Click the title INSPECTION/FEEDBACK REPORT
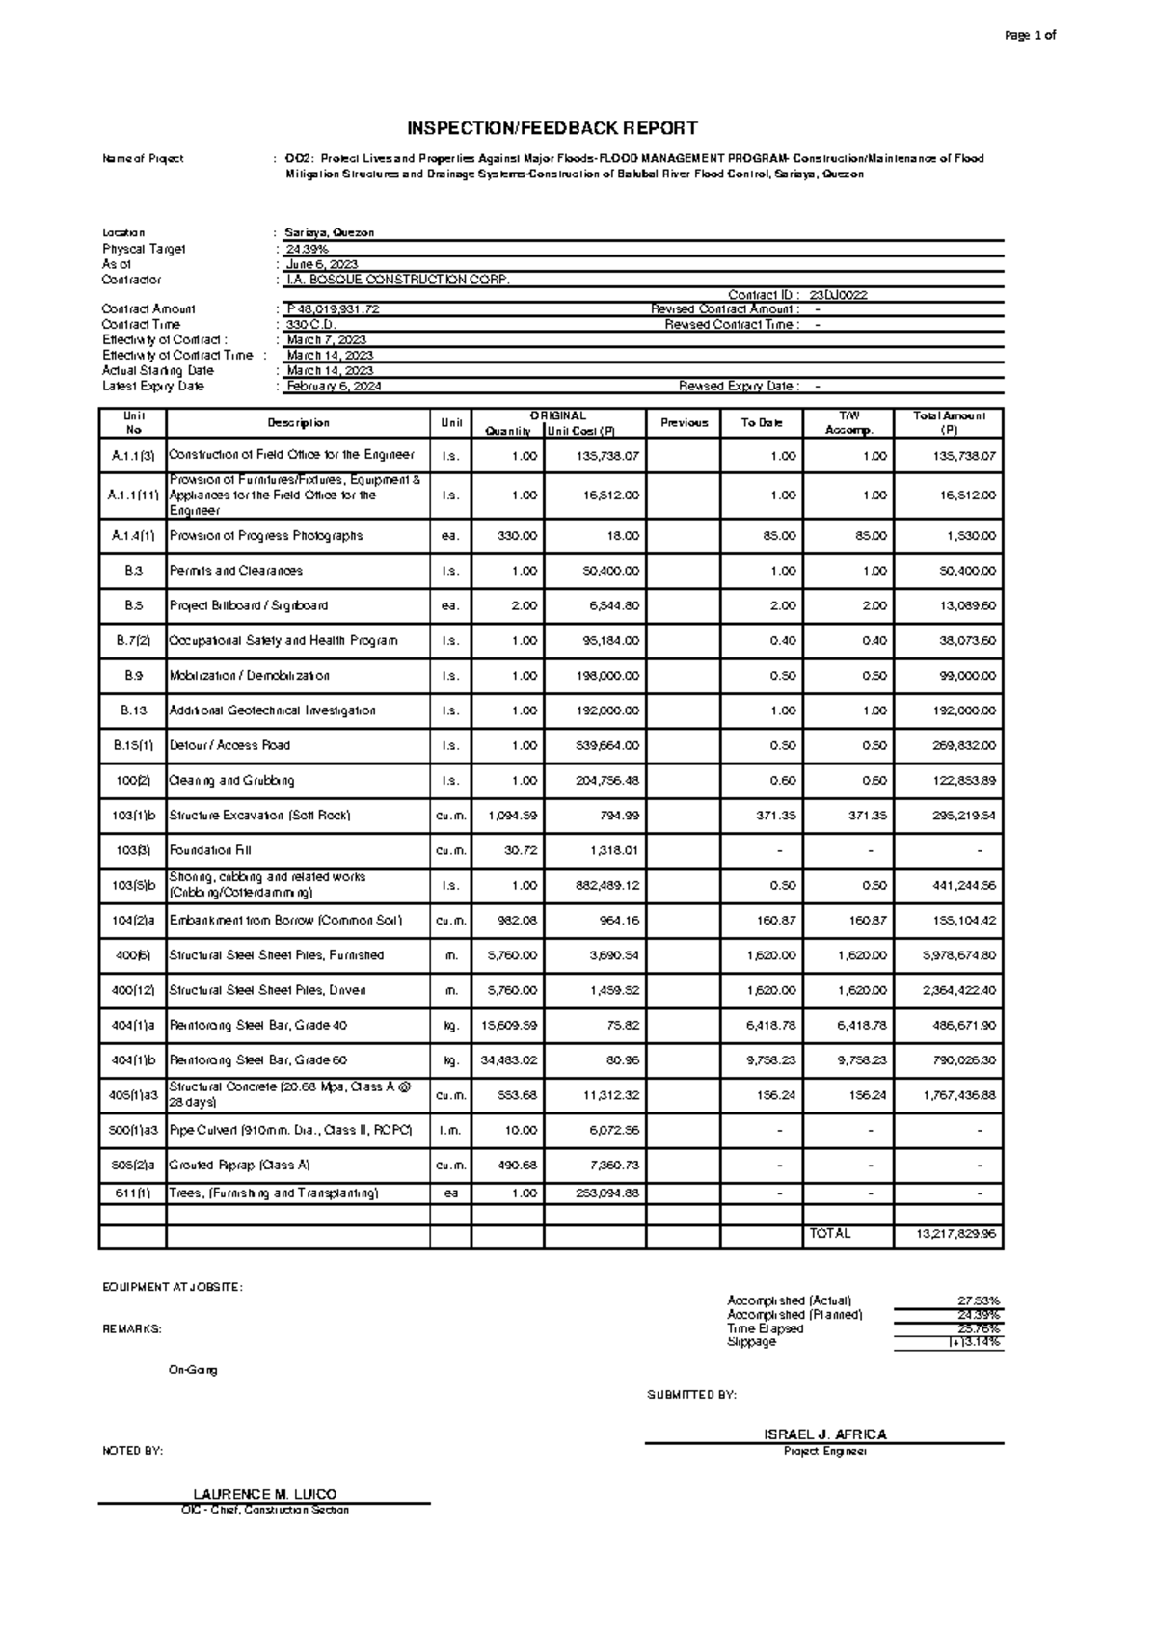point(552,128)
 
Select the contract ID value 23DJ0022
point(838,295)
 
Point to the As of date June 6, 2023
point(322,264)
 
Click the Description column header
point(298,423)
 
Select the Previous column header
point(684,423)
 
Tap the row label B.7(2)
point(132,641)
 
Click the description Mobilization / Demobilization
point(250,676)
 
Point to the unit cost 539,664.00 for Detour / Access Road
point(607,746)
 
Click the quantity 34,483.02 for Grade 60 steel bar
point(508,1060)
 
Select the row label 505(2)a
point(132,1166)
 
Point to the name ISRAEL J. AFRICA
point(824,1434)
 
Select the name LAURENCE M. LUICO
point(264,1494)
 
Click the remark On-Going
point(193,1370)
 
